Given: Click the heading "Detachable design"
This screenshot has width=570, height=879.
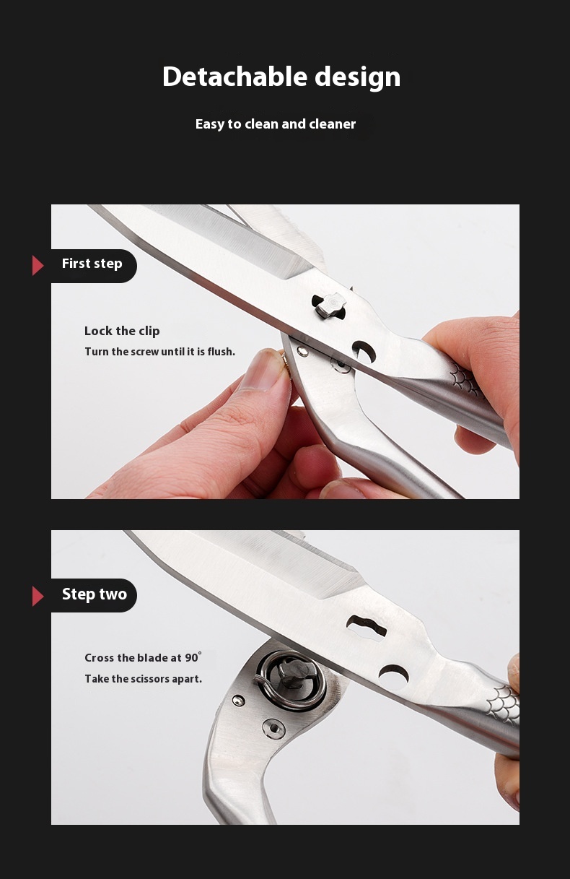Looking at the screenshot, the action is tap(281, 77).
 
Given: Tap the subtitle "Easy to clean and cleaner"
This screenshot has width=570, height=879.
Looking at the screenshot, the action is tap(276, 124).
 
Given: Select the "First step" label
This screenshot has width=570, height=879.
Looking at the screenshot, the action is tap(92, 264).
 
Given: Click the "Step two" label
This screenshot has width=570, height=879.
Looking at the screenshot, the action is tap(95, 594).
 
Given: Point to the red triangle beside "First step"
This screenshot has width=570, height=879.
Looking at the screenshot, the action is tap(38, 265).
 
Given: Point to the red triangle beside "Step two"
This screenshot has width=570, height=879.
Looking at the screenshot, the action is tap(38, 596).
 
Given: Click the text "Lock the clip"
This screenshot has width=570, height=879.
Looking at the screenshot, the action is tap(122, 332).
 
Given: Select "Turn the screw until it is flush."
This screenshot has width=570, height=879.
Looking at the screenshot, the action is tap(160, 352).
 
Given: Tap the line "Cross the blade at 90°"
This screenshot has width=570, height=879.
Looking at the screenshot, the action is tap(143, 657).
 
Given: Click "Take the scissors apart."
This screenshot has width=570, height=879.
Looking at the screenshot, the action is tap(144, 678).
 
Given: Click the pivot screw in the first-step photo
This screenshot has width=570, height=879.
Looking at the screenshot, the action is tap(329, 306).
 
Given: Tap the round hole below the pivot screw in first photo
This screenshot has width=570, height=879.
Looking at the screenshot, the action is tap(364, 351).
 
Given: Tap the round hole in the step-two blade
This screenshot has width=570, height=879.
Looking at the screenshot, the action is tap(394, 676).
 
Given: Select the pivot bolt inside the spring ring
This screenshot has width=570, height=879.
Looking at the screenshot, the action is tap(292, 674).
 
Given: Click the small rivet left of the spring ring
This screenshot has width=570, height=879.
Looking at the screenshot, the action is tap(239, 700).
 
